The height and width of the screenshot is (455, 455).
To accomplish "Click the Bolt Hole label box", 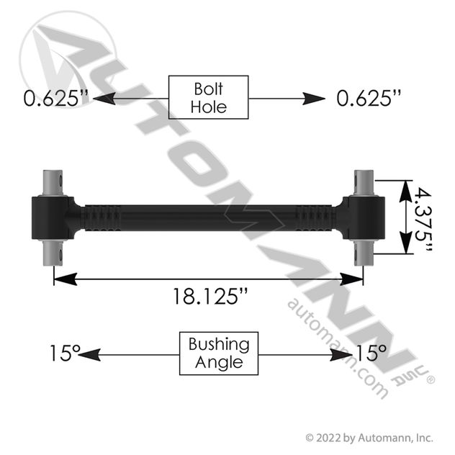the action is [x=208, y=97].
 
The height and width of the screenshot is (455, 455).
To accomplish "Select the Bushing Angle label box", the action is [x=219, y=353].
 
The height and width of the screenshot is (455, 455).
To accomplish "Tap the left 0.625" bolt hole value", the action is [x=55, y=98].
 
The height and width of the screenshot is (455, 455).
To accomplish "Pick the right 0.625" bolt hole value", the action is [x=369, y=98].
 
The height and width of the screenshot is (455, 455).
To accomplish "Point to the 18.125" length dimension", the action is [x=210, y=297].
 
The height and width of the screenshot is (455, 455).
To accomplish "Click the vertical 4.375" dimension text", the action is [x=423, y=220].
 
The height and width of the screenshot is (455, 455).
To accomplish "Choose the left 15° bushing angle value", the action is [x=65, y=353].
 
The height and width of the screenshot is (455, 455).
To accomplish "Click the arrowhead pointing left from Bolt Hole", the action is [x=104, y=99].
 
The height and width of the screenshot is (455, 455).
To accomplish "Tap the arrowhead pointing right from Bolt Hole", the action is [x=313, y=99].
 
